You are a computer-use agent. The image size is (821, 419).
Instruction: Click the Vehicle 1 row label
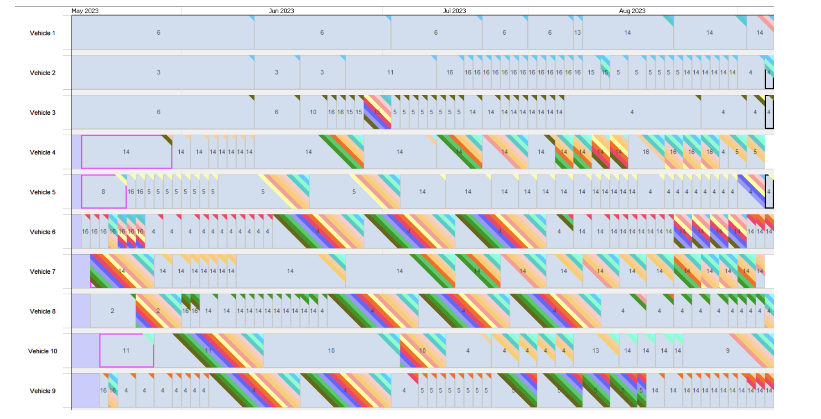pyautogui.click(x=42, y=33)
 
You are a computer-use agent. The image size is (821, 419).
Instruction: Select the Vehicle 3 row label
pyautogui.click(x=42, y=112)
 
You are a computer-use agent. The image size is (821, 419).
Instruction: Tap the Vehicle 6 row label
pyautogui.click(x=42, y=232)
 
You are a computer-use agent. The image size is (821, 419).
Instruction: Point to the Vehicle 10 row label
pyautogui.click(x=42, y=351)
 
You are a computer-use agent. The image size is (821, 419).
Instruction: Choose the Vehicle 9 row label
pyautogui.click(x=42, y=391)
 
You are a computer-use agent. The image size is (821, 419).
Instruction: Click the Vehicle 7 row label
pyautogui.click(x=42, y=271)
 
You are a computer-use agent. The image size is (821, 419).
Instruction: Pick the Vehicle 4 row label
pyautogui.click(x=42, y=152)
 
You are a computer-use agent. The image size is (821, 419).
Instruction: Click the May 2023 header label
pyautogui.click(x=85, y=11)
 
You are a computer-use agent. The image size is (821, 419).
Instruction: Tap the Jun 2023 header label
pyautogui.click(x=281, y=11)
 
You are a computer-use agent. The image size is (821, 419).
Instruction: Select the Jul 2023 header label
pyautogui.click(x=454, y=11)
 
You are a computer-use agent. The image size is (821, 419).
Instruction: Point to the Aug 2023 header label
pyautogui.click(x=632, y=11)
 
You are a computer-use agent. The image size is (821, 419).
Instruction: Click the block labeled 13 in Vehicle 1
pyautogui.click(x=577, y=33)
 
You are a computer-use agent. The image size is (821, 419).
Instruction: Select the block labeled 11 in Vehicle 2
pyautogui.click(x=390, y=72)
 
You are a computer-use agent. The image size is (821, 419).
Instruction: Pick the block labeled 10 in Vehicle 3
pyautogui.click(x=313, y=112)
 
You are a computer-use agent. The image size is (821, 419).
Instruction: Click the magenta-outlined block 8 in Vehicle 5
pyautogui.click(x=104, y=192)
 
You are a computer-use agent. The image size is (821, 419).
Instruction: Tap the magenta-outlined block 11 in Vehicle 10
pyautogui.click(x=126, y=351)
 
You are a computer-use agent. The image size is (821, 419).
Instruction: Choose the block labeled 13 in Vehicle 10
pyautogui.click(x=596, y=351)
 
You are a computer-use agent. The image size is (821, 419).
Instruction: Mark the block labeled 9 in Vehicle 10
pyautogui.click(x=727, y=351)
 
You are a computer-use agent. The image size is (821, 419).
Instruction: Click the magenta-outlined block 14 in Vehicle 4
pyautogui.click(x=126, y=152)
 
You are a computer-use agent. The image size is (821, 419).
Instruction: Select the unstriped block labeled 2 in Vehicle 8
pyautogui.click(x=113, y=311)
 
